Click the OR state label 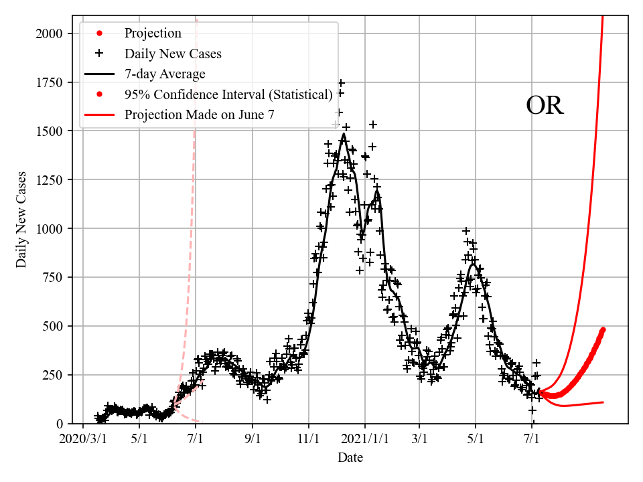click(545, 106)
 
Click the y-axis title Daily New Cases click(21, 220)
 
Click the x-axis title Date click(350, 458)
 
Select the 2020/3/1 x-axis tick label click(83, 440)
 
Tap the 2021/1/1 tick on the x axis click(365, 440)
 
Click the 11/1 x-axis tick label click(309, 440)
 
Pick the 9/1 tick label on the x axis click(253, 440)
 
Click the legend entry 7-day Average click(165, 74)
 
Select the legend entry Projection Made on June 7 click(199, 115)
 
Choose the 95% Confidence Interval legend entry click(228, 94)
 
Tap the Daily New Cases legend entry click(173, 53)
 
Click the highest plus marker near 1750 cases click(341, 83)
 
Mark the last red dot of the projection click(603, 329)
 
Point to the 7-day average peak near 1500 click(344, 134)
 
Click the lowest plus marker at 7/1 click(532, 410)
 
